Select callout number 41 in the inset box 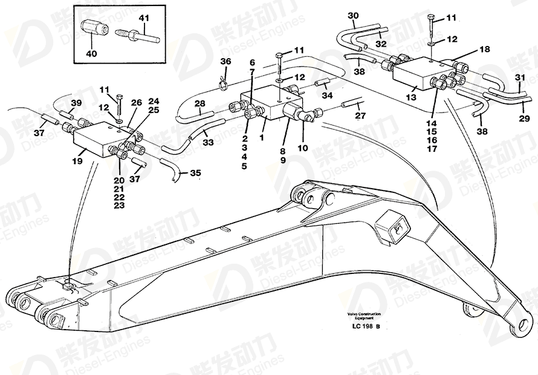coord(143,18)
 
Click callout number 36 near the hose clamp coord(225,62)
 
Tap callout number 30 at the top coord(353,15)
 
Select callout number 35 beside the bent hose coord(195,172)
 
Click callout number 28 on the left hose coord(199,103)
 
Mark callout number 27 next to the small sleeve coord(360,115)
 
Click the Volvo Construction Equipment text coord(364,315)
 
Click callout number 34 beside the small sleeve coord(327,95)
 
